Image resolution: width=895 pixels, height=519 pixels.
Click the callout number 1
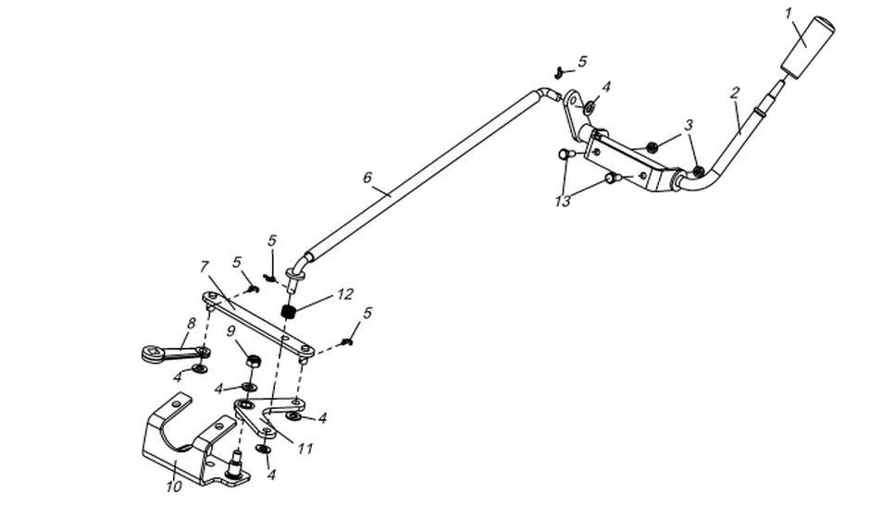tap(789, 14)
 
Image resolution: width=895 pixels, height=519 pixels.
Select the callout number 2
tap(735, 93)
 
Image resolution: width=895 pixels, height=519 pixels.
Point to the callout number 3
tap(689, 125)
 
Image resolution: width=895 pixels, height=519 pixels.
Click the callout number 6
tap(367, 178)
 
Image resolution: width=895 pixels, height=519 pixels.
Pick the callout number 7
tap(205, 266)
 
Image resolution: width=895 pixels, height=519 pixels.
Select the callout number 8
tap(192, 324)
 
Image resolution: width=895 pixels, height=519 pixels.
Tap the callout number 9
tap(231, 331)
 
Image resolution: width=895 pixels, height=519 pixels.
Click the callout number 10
tap(174, 486)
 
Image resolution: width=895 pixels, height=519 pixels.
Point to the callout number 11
tap(306, 449)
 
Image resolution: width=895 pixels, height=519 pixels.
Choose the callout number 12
tap(345, 294)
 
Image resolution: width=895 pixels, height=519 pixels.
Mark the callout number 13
tap(562, 202)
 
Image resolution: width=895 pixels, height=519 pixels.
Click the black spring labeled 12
tap(290, 312)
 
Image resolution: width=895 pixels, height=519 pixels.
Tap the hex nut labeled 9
tap(254, 361)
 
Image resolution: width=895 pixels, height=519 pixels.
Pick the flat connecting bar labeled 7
tap(258, 324)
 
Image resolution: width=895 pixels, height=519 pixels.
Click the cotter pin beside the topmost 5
tap(561, 72)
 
